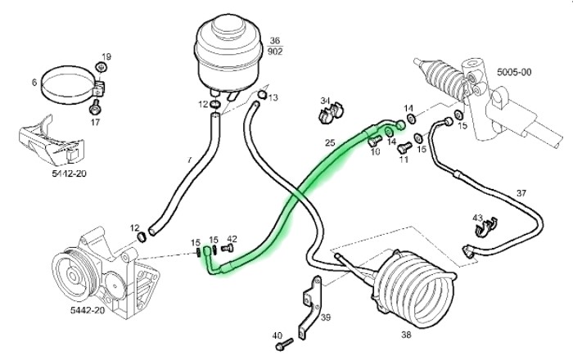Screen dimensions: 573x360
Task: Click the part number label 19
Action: tap(106, 57)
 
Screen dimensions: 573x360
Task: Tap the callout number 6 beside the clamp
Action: tap(34, 83)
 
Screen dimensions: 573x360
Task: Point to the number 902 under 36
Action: tap(275, 52)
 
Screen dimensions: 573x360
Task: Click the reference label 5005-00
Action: tap(514, 72)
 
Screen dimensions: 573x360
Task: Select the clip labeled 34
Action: tap(332, 112)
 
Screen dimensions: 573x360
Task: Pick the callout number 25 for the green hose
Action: tap(330, 142)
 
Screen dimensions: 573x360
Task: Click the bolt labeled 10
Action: tap(373, 141)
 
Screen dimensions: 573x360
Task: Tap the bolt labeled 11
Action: tap(404, 147)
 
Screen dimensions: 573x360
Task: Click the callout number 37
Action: tap(521, 193)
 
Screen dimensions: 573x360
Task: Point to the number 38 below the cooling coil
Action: tap(406, 335)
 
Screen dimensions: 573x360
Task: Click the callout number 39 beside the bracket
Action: tap(326, 317)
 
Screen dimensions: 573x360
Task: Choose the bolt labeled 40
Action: tap(284, 344)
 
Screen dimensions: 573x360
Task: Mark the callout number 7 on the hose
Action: tap(189, 160)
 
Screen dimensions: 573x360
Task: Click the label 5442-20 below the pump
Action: tap(88, 310)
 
